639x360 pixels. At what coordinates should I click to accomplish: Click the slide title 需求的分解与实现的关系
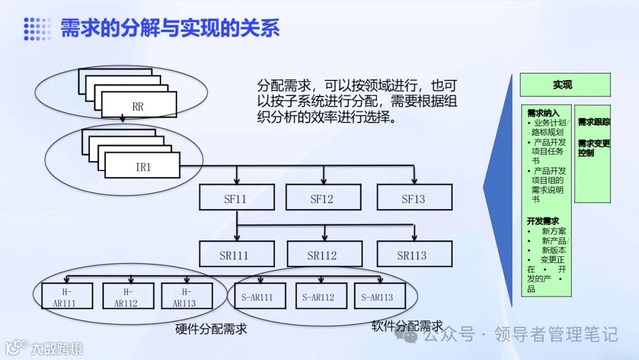[x=170, y=28]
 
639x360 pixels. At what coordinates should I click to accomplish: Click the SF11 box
[x=237, y=198]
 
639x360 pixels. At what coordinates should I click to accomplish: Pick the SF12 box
[x=323, y=198]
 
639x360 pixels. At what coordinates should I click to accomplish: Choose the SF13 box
[x=414, y=198]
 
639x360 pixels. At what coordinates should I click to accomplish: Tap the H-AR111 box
[x=67, y=297]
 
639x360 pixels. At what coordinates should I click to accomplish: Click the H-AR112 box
[x=127, y=297]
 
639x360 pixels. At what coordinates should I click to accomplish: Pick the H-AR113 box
[x=186, y=297]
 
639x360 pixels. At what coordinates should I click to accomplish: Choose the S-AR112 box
[x=319, y=297]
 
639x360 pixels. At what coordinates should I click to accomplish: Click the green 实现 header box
[x=564, y=85]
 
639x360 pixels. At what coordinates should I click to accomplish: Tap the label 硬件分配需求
[x=211, y=329]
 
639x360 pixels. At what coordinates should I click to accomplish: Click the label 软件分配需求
[x=407, y=326]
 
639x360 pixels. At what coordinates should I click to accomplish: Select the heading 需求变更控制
[x=593, y=147]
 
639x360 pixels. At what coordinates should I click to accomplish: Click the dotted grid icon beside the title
[x=37, y=28]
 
